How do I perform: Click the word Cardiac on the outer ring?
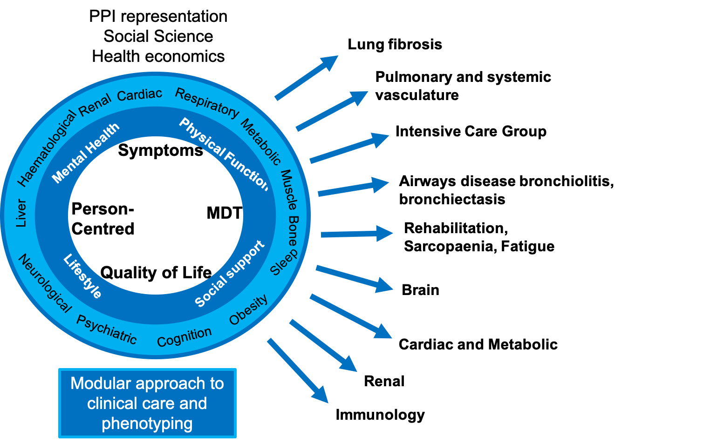[139, 94]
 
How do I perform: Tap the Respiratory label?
[207, 102]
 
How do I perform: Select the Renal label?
[95, 105]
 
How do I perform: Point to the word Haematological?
[47, 148]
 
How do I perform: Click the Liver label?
[21, 213]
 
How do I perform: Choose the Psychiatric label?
[107, 329]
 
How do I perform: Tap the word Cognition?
[184, 336]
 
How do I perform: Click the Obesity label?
[249, 309]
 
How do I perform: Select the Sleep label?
[284, 262]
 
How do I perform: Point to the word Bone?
[293, 230]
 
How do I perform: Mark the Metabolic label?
[261, 142]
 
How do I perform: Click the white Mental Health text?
[86, 153]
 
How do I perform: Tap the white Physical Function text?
[224, 154]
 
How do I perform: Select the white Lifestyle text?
[82, 276]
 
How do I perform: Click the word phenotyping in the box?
[147, 423]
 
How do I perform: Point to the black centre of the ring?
[156, 215]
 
